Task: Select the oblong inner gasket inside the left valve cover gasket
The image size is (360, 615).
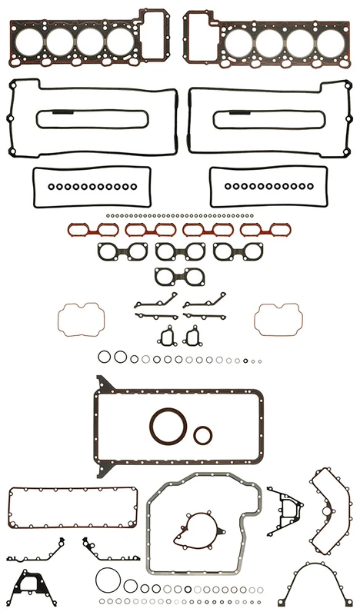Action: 93,118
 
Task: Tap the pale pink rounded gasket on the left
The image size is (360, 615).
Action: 80,318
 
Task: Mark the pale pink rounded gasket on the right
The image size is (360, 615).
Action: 278,318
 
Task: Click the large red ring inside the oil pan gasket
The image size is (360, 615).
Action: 167,426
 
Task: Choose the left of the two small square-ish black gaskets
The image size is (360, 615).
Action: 166,336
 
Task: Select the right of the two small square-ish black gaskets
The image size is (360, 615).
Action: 192,336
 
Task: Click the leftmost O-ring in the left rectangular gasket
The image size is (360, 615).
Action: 51,186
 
